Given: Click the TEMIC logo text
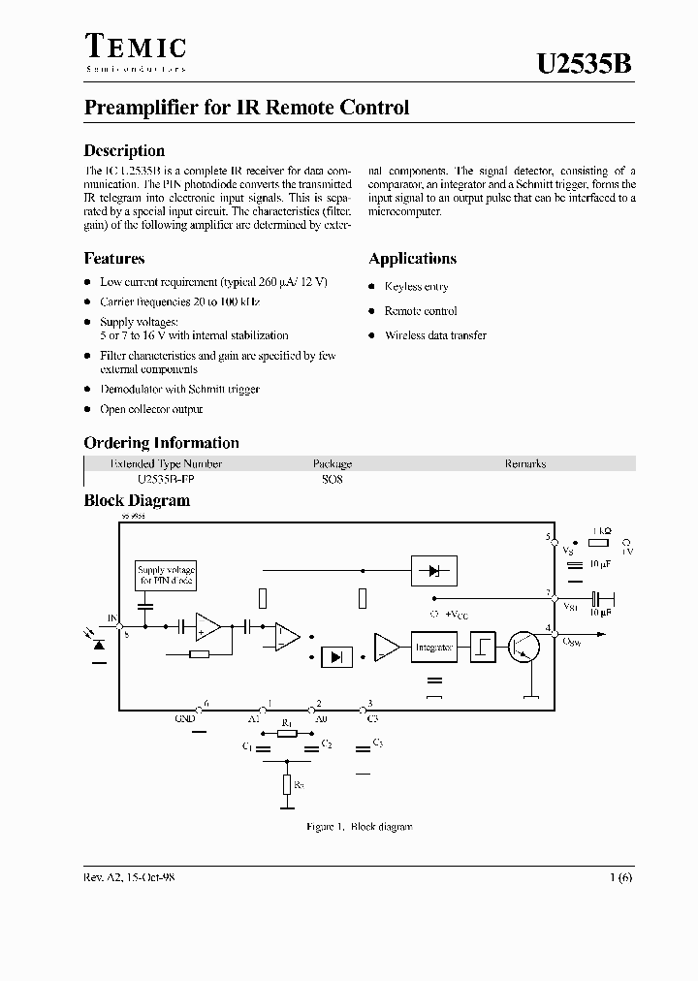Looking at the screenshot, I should (x=135, y=46).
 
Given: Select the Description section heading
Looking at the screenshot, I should (x=124, y=150).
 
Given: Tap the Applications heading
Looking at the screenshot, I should (x=412, y=259).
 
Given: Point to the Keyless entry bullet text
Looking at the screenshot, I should (x=416, y=287).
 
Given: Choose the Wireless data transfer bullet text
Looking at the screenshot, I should (x=435, y=335).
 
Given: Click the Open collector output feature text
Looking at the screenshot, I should (x=151, y=410).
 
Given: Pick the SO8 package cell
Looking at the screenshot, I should (x=332, y=479).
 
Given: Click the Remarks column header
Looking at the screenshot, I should (x=524, y=463).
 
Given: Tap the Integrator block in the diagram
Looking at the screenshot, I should (x=433, y=648).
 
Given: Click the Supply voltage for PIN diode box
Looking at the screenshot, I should (x=166, y=575).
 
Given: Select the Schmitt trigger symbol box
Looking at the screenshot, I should (x=484, y=648).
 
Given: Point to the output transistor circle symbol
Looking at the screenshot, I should (x=525, y=648).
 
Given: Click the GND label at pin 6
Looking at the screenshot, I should (x=184, y=718).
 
